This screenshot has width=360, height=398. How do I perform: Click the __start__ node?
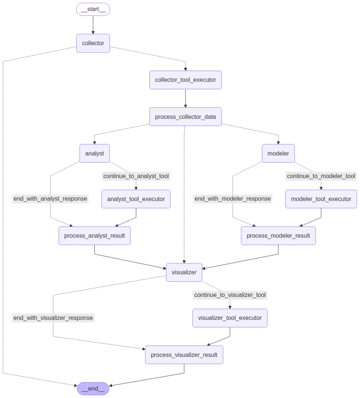coord(93,9)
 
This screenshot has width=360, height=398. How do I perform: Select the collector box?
coord(93,43)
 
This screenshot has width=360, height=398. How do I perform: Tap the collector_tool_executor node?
coord(185,80)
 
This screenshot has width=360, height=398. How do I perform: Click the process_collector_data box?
coord(185,117)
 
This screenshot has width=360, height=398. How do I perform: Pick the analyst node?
coord(94,153)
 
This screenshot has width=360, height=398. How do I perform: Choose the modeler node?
coord(278,153)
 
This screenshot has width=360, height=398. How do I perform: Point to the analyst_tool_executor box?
coord(136,199)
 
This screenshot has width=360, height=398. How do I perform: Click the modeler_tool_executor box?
coord(321,199)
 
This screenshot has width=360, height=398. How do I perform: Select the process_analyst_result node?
coord(94,236)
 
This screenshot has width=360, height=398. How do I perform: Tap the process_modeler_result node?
coord(278,236)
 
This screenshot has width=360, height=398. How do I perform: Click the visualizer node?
coord(184,272)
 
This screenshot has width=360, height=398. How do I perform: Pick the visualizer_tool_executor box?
coord(230,318)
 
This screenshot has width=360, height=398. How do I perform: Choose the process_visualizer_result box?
coord(184,355)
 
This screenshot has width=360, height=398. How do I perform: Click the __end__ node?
coord(93,389)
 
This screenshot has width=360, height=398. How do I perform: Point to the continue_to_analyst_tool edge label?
coord(136,176)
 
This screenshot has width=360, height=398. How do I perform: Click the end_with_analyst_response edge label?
coord(50,199)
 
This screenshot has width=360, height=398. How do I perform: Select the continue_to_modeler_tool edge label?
coord(321,176)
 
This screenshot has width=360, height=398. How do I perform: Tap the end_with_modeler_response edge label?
coord(232,199)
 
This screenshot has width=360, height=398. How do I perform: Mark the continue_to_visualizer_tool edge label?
coord(230,295)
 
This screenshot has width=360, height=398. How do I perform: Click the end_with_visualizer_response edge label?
coord(53,318)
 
